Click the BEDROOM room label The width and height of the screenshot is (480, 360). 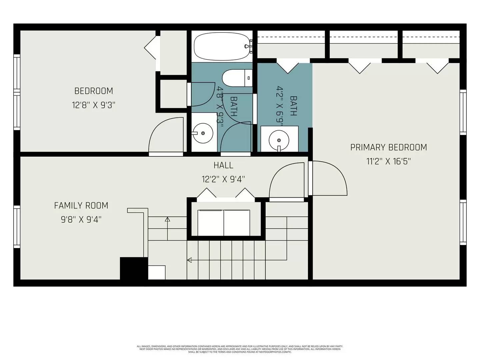94,91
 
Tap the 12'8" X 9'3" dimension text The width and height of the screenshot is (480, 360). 94,105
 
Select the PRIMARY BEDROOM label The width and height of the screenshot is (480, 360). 388,147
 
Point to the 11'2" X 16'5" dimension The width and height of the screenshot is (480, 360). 388,162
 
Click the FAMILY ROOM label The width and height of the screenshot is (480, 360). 81,205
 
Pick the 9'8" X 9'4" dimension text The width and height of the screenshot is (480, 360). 81,220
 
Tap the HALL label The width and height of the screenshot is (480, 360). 223,165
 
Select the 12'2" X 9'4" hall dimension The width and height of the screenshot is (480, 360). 223,179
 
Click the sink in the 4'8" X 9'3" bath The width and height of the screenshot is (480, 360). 203,133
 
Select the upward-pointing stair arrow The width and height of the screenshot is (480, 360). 167,220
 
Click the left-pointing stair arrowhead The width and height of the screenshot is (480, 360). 190,260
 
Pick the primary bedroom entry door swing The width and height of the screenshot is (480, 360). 328,178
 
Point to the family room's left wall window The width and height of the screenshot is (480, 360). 17,227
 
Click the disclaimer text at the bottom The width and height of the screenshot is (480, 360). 240,349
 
